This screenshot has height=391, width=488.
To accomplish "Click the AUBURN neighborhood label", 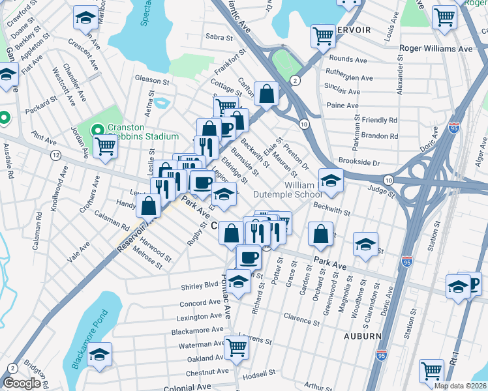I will point(363,336).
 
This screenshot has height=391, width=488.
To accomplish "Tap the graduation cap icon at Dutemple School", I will point(331,181).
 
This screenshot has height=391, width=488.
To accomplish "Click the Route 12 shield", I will point(56,155).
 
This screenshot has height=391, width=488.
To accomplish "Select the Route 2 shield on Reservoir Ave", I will point(296,80).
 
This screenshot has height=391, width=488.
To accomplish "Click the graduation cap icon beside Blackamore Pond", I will point(99,356).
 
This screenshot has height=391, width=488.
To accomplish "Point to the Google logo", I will point(22,383).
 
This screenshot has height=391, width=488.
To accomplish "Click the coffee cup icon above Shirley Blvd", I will point(248,257).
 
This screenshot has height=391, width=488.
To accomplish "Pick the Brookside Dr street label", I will point(358,162).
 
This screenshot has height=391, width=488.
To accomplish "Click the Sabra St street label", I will point(219,37).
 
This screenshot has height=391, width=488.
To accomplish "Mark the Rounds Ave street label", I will point(349,59).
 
